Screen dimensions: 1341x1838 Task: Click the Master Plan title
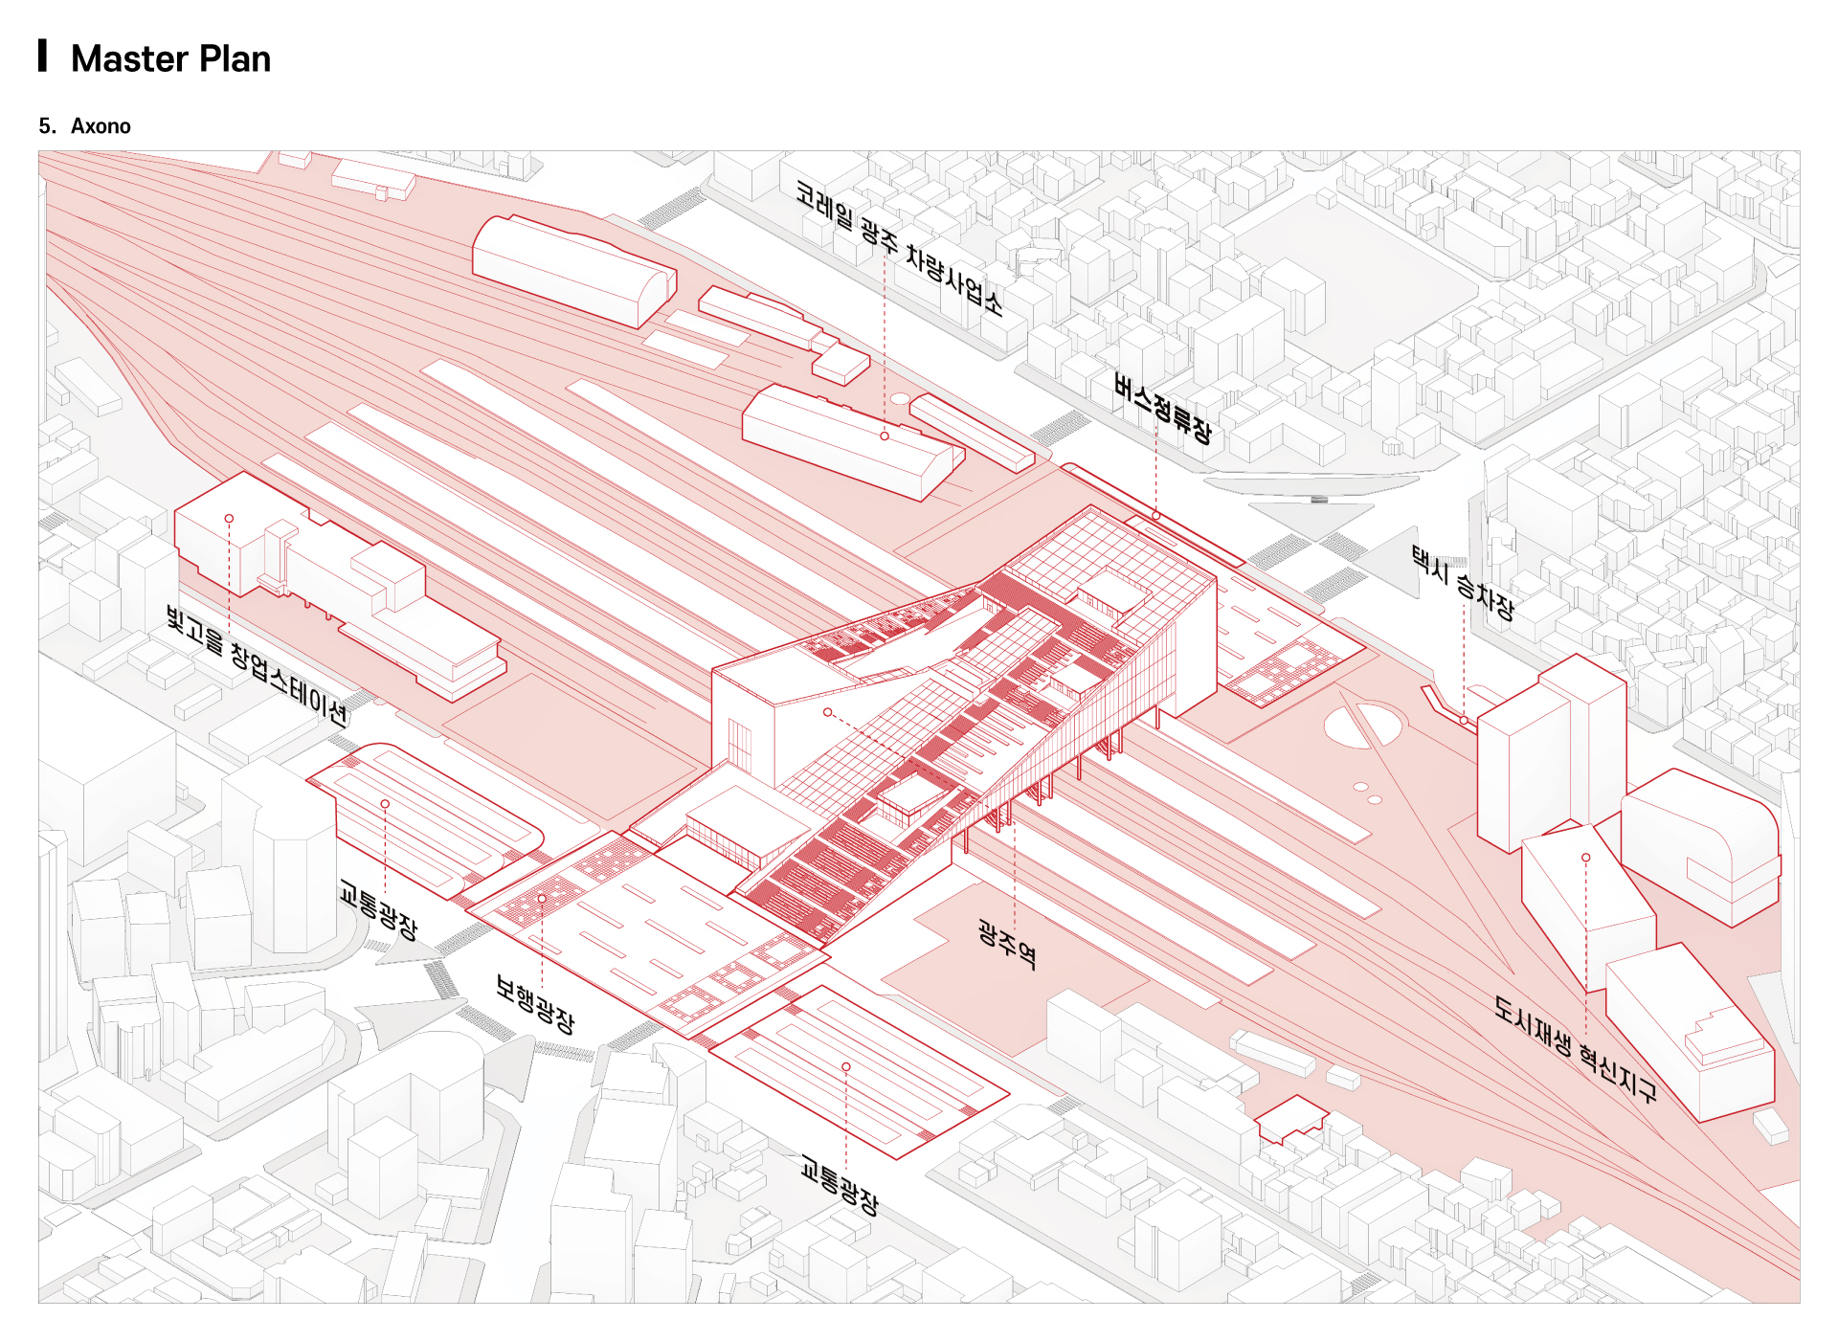pyautogui.click(x=170, y=59)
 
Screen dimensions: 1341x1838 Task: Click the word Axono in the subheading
pyautogui.click(x=101, y=126)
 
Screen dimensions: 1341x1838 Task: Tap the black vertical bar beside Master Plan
pyautogui.click(x=42, y=56)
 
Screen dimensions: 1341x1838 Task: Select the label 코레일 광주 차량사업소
pyautogui.click(x=898, y=248)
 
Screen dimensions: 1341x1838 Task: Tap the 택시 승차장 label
pyautogui.click(x=1463, y=582)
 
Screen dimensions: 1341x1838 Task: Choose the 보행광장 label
pyautogui.click(x=535, y=1003)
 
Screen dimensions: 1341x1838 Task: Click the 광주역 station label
pyautogui.click(x=1007, y=944)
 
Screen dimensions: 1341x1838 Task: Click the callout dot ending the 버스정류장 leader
pyautogui.click(x=1156, y=516)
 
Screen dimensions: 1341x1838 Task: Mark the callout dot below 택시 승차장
pyautogui.click(x=1464, y=720)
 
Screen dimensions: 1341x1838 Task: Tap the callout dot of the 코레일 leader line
pyautogui.click(x=885, y=436)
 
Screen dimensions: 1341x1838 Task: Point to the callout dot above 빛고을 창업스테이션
pyautogui.click(x=229, y=518)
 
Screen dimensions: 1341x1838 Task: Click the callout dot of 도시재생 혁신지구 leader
pyautogui.click(x=1586, y=858)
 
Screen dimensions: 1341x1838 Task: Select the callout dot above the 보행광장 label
pyautogui.click(x=542, y=899)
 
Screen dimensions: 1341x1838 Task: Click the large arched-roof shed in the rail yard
pyautogui.click(x=572, y=269)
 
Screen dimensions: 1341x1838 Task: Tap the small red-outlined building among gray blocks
pyautogui.click(x=1291, y=1118)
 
